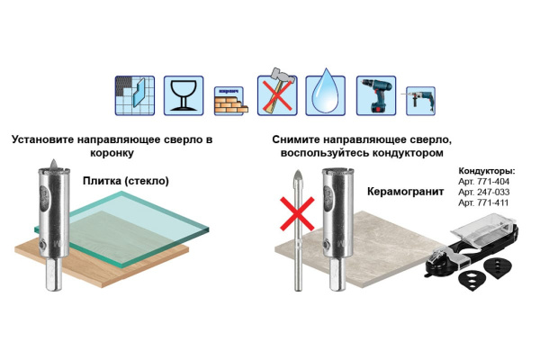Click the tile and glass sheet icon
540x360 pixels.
tap(135, 95)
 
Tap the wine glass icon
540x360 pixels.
tap(184, 95)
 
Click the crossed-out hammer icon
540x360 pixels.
tap(277, 92)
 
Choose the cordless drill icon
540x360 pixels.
tap(376, 95)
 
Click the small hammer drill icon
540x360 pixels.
tap(420, 101)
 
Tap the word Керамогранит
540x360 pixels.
tap(405, 192)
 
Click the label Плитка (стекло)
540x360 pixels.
tap(126, 181)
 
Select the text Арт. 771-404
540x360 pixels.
tap(483, 182)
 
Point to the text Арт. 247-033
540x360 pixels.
tap(483, 192)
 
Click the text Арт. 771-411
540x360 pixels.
tap(483, 202)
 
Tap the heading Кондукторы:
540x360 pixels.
tap(487, 171)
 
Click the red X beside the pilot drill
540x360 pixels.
tap(297, 213)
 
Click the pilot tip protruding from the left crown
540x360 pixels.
tap(53, 164)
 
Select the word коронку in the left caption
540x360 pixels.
tap(112, 153)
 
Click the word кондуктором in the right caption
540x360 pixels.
tap(405, 153)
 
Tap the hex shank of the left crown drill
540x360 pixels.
tap(54, 274)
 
